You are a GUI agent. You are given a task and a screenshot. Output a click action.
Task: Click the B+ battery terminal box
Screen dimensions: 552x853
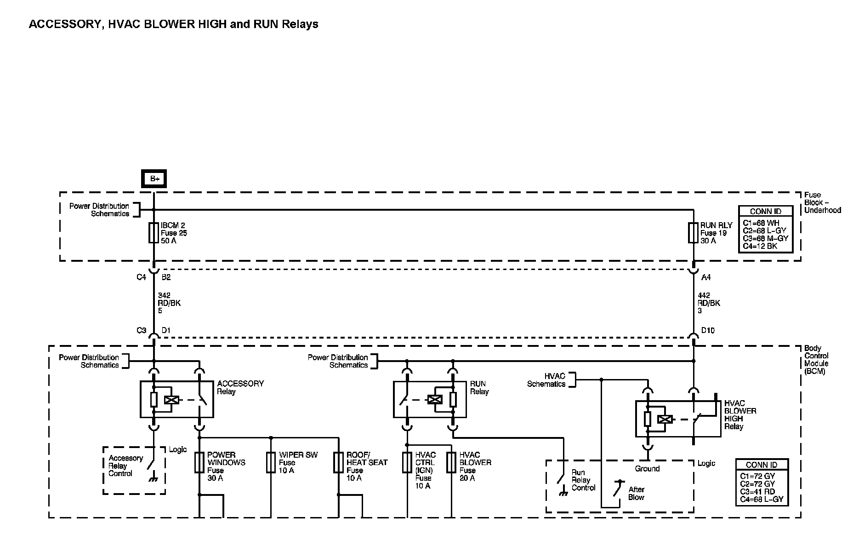coord(154,178)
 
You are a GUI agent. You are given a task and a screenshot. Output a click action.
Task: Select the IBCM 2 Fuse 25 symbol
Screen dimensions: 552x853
coord(154,233)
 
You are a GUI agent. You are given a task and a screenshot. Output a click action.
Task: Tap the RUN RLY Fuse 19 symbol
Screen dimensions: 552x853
coord(693,233)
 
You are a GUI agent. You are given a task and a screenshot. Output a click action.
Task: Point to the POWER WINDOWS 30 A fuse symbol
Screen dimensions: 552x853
coord(199,463)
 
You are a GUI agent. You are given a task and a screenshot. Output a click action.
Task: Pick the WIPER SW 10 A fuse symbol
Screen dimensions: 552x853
coord(271,463)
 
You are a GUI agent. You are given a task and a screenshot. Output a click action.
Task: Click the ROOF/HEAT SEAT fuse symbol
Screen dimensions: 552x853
coord(339,463)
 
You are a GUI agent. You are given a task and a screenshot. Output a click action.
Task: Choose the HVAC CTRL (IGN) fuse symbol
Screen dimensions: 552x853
coord(407,463)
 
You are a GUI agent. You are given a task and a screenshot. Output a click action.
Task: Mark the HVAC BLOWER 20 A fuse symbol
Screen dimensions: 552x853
coord(452,463)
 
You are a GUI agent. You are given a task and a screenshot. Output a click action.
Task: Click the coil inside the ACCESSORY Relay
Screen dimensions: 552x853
coord(171,400)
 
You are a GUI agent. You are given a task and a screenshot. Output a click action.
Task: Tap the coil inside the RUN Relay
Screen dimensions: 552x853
coord(435,400)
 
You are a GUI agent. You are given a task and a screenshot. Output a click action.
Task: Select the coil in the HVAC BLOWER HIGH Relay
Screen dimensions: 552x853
coord(665,419)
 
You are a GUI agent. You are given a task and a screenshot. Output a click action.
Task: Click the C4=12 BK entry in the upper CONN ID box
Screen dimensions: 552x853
coord(760,246)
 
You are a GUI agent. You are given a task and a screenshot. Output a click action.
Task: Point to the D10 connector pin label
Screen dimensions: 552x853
coord(708,330)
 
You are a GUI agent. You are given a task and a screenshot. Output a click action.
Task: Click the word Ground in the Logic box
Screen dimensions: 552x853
coord(647,469)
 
